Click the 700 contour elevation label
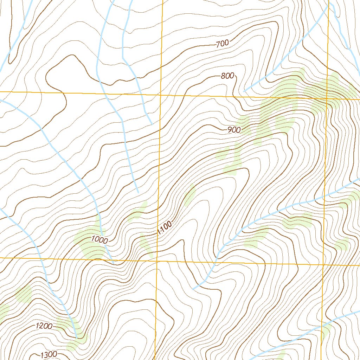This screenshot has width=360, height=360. click(222, 44)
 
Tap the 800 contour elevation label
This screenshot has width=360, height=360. click(227, 76)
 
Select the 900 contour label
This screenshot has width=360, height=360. click(234, 130)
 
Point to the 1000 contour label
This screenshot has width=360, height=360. click(99, 240)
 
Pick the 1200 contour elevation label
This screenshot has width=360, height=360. click(44, 326)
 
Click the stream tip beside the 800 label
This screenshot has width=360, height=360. click(244, 91)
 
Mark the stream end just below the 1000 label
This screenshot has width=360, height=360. click(113, 263)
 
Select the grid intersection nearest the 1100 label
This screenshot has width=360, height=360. click(157, 261)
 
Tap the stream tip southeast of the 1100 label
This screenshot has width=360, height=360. click(193, 289)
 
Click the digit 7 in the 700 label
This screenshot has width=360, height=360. click(218, 45)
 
